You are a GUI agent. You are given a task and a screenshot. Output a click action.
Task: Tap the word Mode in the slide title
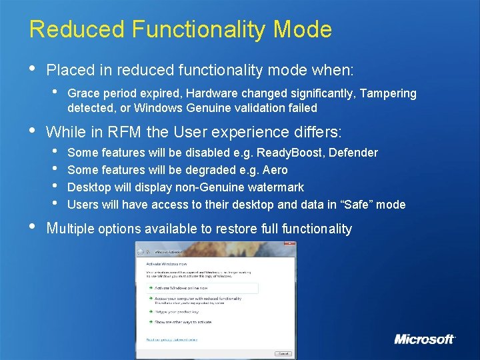click(x=306, y=29)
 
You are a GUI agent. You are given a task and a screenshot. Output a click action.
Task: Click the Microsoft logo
click(x=425, y=339)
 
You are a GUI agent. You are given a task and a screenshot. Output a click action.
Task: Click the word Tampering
click(x=387, y=93)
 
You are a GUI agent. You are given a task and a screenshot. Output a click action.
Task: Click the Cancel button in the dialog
click(x=283, y=353)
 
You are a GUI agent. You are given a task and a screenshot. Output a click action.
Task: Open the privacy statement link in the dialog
click(x=172, y=339)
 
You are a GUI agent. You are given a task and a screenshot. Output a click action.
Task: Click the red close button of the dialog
click(x=291, y=251)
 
